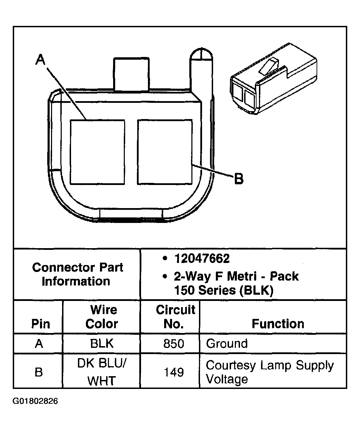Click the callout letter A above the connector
pos(41,60)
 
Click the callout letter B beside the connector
pos(239,179)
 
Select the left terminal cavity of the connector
pos(97,152)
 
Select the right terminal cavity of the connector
pos(164,152)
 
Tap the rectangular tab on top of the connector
pos(131,74)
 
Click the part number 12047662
pos(202,258)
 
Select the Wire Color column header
pos(102,316)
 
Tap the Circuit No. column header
pos(175,316)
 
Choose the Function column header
pos(278,324)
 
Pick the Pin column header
pos(41,324)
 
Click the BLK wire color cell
pos(102,344)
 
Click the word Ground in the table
pos(227,344)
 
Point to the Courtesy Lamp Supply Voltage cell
pos(269,372)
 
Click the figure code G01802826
pos(36,401)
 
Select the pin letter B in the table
pos(39,372)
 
